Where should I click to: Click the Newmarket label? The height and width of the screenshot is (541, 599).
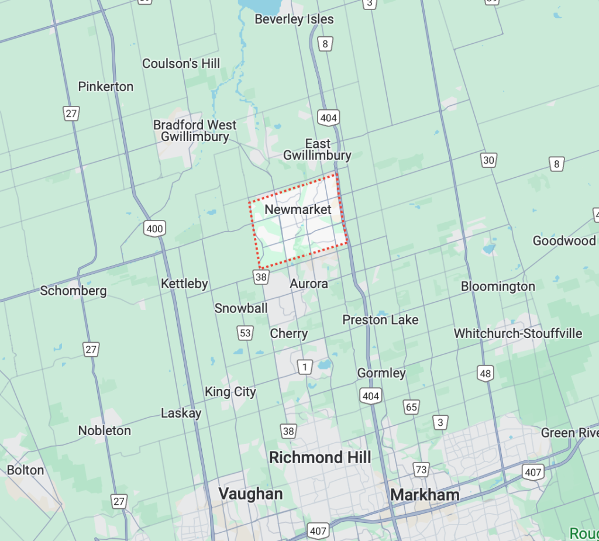pyautogui.click(x=298, y=209)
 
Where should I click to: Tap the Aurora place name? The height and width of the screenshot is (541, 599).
pyautogui.click(x=309, y=284)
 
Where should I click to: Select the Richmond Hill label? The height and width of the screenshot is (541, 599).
pyautogui.click(x=320, y=457)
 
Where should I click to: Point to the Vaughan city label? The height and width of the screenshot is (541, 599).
pyautogui.click(x=250, y=494)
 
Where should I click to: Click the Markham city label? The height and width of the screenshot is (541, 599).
pyautogui.click(x=425, y=495)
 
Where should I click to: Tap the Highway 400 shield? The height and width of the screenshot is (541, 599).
pyautogui.click(x=155, y=228)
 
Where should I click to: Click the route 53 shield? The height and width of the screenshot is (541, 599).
pyautogui.click(x=245, y=333)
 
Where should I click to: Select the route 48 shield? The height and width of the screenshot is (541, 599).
pyautogui.click(x=485, y=374)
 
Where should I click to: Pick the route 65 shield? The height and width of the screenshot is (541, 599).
pyautogui.click(x=411, y=407)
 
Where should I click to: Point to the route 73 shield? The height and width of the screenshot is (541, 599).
pyautogui.click(x=421, y=469)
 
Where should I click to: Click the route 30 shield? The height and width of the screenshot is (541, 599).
pyautogui.click(x=488, y=160)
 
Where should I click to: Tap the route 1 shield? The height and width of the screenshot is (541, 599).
pyautogui.click(x=305, y=367)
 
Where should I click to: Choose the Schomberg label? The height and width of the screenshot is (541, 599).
pyautogui.click(x=73, y=291)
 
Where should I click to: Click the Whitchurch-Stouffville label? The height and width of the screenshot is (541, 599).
pyautogui.click(x=518, y=333)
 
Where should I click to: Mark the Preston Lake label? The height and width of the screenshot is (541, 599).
pyautogui.click(x=380, y=319)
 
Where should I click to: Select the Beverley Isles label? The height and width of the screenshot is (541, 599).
pyautogui.click(x=294, y=19)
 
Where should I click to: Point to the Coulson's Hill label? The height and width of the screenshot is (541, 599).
pyautogui.click(x=181, y=63)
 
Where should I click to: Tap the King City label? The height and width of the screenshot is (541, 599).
pyautogui.click(x=230, y=392)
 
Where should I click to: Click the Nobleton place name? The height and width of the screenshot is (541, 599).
pyautogui.click(x=105, y=430)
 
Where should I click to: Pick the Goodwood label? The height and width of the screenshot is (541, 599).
pyautogui.click(x=564, y=240)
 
